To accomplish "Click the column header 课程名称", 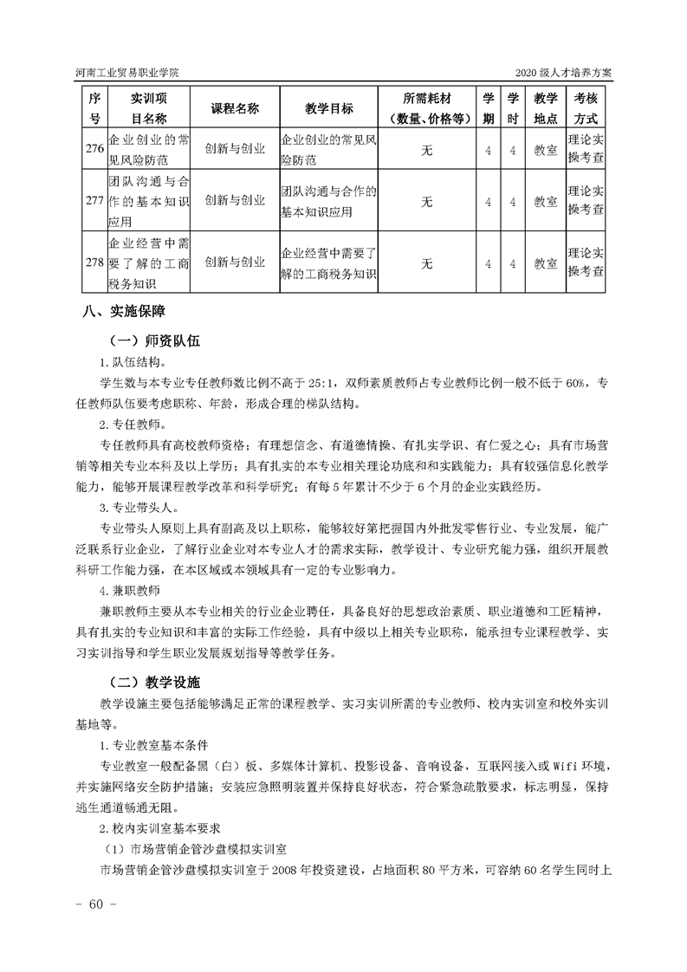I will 235,109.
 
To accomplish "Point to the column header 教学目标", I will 329,109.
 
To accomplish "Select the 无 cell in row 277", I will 427,201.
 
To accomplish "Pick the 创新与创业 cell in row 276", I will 235,150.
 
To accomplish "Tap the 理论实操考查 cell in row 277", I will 587,201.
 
